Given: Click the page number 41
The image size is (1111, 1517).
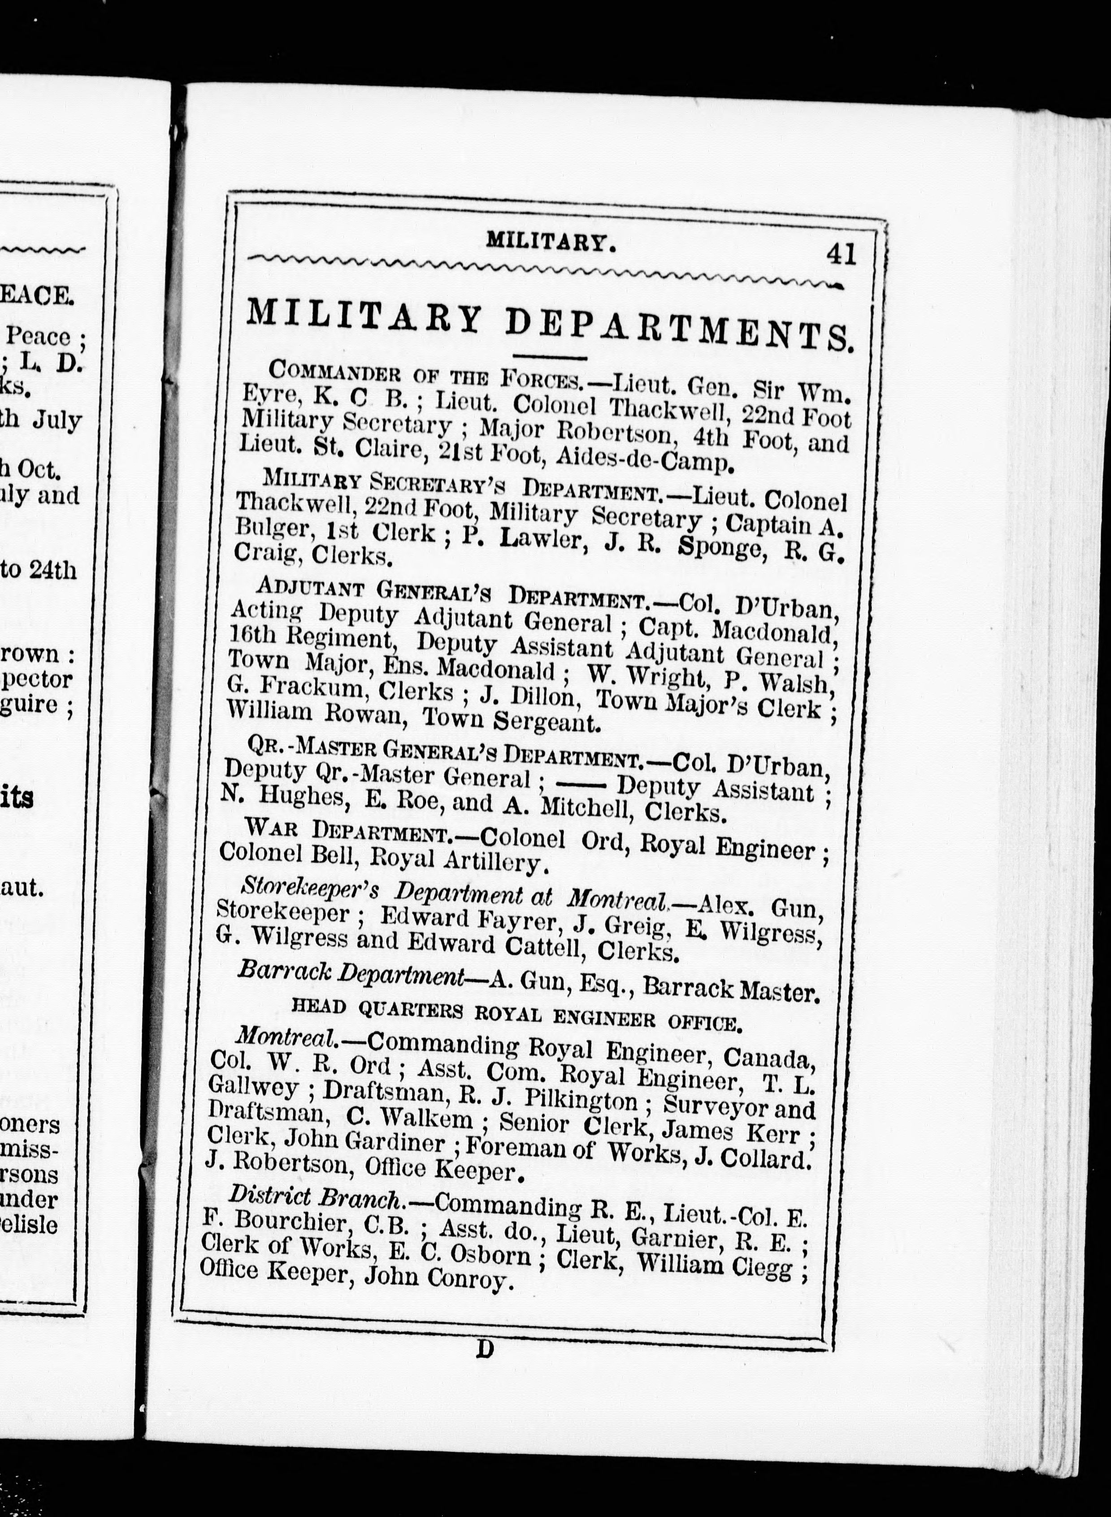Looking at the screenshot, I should point(841,254).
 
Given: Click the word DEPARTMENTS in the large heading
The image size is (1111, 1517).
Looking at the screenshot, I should point(679,327).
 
